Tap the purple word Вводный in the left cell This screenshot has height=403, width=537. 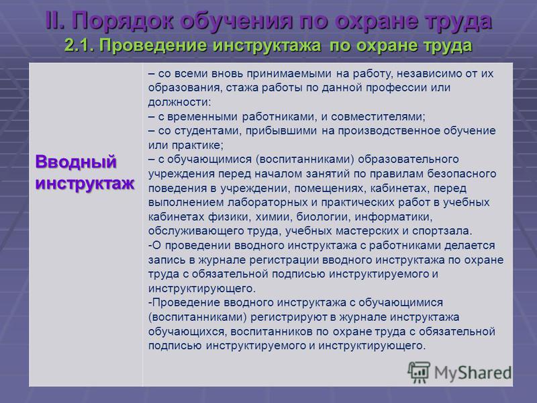76,162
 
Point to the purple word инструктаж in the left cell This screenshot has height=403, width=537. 85,183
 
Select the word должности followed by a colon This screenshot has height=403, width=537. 180,102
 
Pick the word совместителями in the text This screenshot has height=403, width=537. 378,116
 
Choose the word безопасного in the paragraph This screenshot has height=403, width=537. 462,174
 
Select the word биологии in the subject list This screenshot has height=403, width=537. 324,217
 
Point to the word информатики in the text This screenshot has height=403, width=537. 393,217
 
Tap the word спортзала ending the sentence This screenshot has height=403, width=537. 442,231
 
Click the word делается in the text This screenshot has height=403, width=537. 469,246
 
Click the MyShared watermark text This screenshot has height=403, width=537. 473,373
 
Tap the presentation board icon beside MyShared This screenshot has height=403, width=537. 419,372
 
